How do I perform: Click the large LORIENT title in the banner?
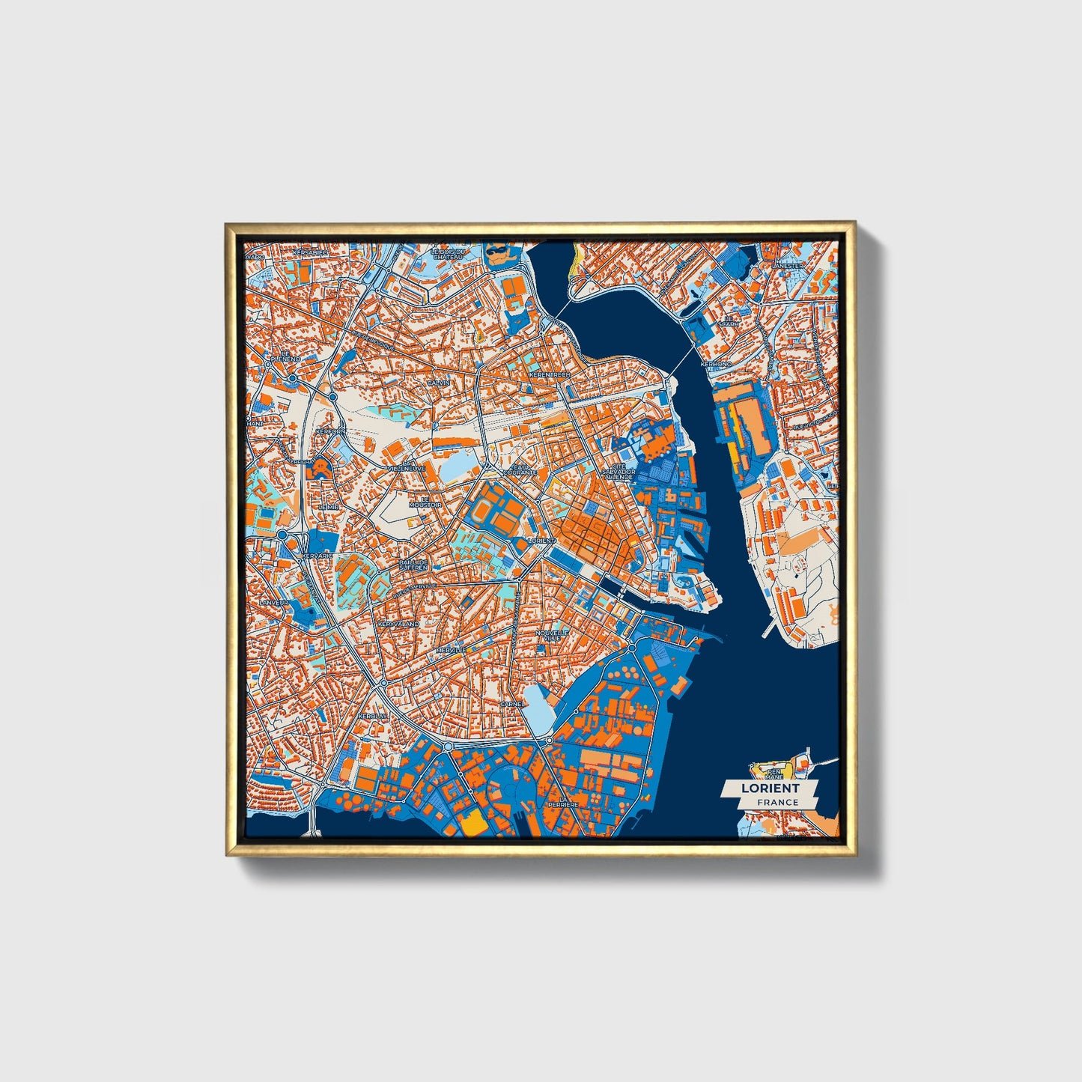coord(770,788)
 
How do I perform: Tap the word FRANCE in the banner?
coord(777,802)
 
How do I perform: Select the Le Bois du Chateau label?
coord(449,255)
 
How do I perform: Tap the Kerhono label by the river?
coord(716,364)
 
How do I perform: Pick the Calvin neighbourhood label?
coord(438,382)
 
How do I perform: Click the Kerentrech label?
coord(550,374)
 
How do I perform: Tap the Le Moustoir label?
coord(425,502)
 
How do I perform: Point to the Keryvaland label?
coord(399,623)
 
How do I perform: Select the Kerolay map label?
coord(373,716)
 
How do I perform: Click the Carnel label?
coord(512,705)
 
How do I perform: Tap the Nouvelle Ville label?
coord(552,634)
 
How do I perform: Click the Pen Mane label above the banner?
coord(773,773)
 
